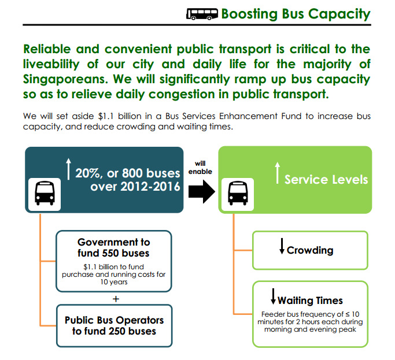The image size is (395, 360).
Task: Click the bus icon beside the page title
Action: pyautogui.click(x=202, y=14)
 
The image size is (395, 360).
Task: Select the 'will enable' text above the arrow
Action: pyautogui.click(x=200, y=168)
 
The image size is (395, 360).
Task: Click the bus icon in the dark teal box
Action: pyautogui.click(x=45, y=192)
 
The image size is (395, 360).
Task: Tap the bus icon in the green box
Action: pyautogui.click(x=238, y=192)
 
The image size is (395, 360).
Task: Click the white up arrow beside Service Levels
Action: pyautogui.click(x=276, y=173)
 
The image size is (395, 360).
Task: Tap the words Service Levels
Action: pyautogui.click(x=326, y=179)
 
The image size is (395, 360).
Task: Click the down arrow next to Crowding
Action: pyautogui.click(x=282, y=247)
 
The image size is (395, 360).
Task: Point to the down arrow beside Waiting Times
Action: pyautogui.click(x=273, y=297)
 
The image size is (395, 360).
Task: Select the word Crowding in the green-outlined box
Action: pyautogui.click(x=310, y=250)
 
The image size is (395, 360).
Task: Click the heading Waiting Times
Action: pyautogui.click(x=310, y=300)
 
